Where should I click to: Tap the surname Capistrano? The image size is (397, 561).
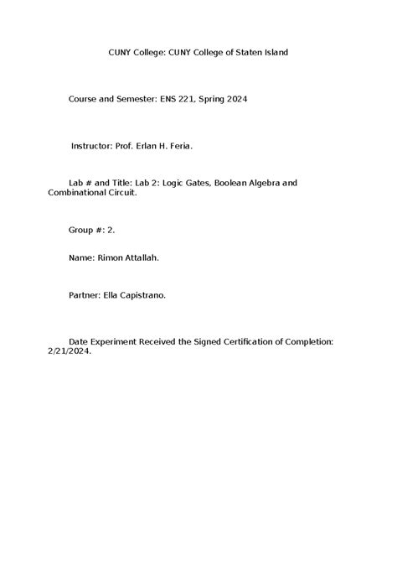[148, 294]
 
